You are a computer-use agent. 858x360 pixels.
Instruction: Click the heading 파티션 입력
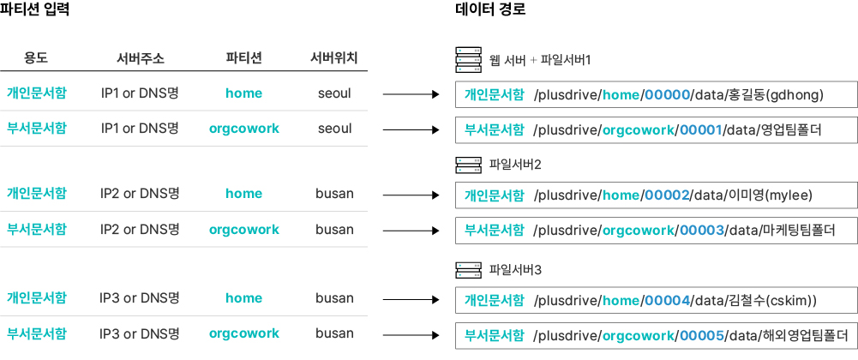tap(34, 9)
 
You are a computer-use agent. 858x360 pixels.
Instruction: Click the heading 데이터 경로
tap(490, 9)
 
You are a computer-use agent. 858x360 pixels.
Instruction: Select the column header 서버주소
tap(140, 58)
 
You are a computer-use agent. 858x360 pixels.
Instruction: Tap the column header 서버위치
tap(334, 58)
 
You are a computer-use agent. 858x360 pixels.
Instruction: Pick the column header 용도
tap(36, 58)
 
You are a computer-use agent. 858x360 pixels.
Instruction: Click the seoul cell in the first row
tap(334, 93)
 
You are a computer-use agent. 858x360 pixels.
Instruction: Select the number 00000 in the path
tap(667, 95)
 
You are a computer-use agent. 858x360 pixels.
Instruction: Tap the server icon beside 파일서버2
tap(468, 165)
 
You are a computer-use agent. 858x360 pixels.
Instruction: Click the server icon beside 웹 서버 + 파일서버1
tap(468, 60)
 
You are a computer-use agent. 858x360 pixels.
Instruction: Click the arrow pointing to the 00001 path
tap(411, 129)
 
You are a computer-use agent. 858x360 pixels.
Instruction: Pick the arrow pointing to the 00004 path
tap(411, 300)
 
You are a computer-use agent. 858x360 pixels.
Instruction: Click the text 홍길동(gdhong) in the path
tap(774, 95)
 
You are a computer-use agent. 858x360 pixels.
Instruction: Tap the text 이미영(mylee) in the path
tap(770, 196)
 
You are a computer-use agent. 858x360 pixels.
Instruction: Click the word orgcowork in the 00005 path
tap(638, 335)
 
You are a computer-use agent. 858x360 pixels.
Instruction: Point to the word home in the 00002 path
tap(621, 196)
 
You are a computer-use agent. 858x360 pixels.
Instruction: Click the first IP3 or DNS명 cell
tap(140, 299)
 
